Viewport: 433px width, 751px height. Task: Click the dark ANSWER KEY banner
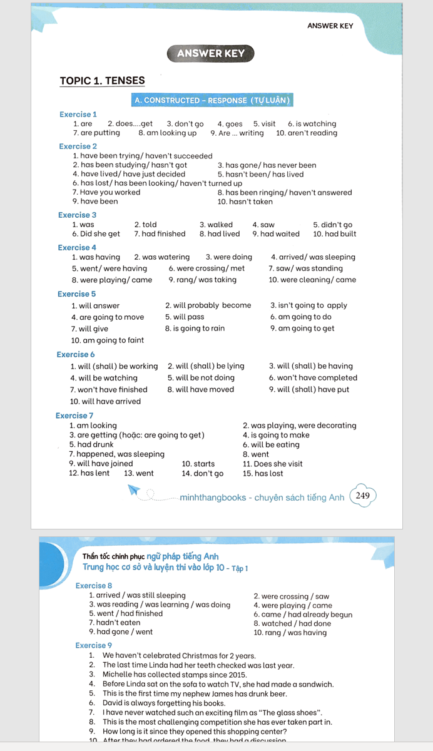[x=210, y=53]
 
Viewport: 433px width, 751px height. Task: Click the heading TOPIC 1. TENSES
[x=102, y=81]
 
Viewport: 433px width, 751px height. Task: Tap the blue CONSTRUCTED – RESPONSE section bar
[x=212, y=100]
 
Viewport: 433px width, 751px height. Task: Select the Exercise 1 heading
[x=78, y=115]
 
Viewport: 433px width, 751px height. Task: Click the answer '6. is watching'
[x=312, y=124]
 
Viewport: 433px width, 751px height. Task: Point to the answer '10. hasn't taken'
[x=245, y=202]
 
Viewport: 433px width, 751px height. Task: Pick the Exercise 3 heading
[x=78, y=215]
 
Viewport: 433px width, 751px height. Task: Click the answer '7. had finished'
[x=160, y=234]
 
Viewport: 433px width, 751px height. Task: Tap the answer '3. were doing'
[x=229, y=257]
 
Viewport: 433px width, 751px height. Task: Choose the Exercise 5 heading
[x=77, y=294]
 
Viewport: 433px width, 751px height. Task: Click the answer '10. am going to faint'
[x=108, y=340]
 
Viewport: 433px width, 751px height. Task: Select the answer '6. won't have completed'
[x=313, y=378]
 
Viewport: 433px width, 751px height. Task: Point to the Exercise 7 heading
[x=74, y=416]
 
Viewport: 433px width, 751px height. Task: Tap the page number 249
[x=362, y=496]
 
